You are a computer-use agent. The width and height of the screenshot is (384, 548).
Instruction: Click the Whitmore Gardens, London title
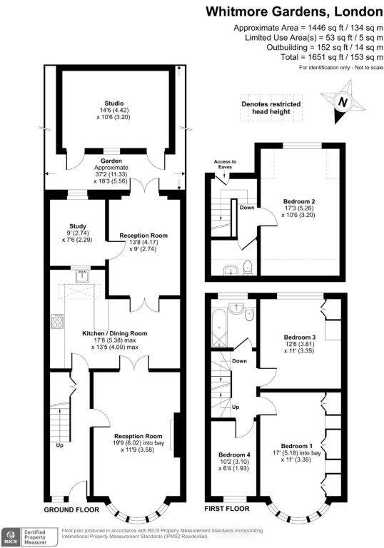pos(295,11)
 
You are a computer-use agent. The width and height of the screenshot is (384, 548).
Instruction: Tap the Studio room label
pos(109,111)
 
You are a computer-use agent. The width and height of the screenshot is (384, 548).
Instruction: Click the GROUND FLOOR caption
pos(69,510)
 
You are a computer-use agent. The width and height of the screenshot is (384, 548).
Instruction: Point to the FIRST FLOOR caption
pos(227,509)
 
